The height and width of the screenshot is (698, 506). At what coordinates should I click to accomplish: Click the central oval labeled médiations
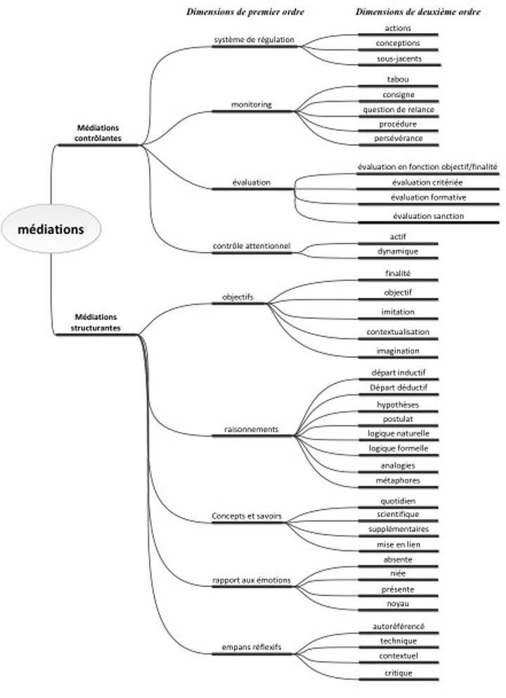51,229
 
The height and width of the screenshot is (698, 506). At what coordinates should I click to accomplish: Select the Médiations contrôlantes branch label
98,133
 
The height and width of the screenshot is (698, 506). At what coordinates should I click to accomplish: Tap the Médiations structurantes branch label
96,322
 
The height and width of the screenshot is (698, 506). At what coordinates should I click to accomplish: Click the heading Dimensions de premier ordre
245,12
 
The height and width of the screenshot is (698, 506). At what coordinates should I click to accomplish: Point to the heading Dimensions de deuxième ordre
418,12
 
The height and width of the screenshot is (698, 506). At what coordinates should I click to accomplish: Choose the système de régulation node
254,39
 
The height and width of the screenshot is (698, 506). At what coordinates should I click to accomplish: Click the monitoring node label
251,105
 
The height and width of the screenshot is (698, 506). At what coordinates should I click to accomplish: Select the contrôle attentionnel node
252,246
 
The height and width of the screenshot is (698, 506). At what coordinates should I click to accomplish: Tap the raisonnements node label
251,429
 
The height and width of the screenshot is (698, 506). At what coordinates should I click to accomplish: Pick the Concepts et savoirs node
247,516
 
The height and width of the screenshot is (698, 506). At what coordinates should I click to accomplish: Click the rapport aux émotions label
251,580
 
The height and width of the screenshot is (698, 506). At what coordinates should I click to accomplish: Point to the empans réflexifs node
251,647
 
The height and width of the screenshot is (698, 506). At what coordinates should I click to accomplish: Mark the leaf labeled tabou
398,79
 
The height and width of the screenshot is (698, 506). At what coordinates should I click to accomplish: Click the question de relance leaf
398,110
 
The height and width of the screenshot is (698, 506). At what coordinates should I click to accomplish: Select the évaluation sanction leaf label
428,216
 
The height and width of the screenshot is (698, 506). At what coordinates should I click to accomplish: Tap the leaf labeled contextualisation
398,331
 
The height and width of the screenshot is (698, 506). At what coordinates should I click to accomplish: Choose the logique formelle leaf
398,448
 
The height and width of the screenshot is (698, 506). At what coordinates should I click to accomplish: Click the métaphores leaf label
398,480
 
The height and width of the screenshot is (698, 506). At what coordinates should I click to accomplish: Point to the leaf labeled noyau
398,604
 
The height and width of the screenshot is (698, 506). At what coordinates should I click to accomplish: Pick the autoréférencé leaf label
398,626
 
